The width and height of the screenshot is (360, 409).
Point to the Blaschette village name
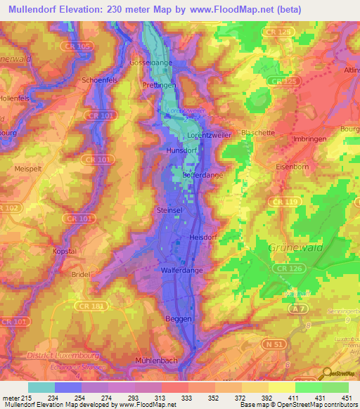tap(257, 132)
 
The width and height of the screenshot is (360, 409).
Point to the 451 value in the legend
tap(347, 398)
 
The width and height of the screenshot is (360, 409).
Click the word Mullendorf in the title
tap(37, 10)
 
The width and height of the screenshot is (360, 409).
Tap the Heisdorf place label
tap(201, 238)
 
